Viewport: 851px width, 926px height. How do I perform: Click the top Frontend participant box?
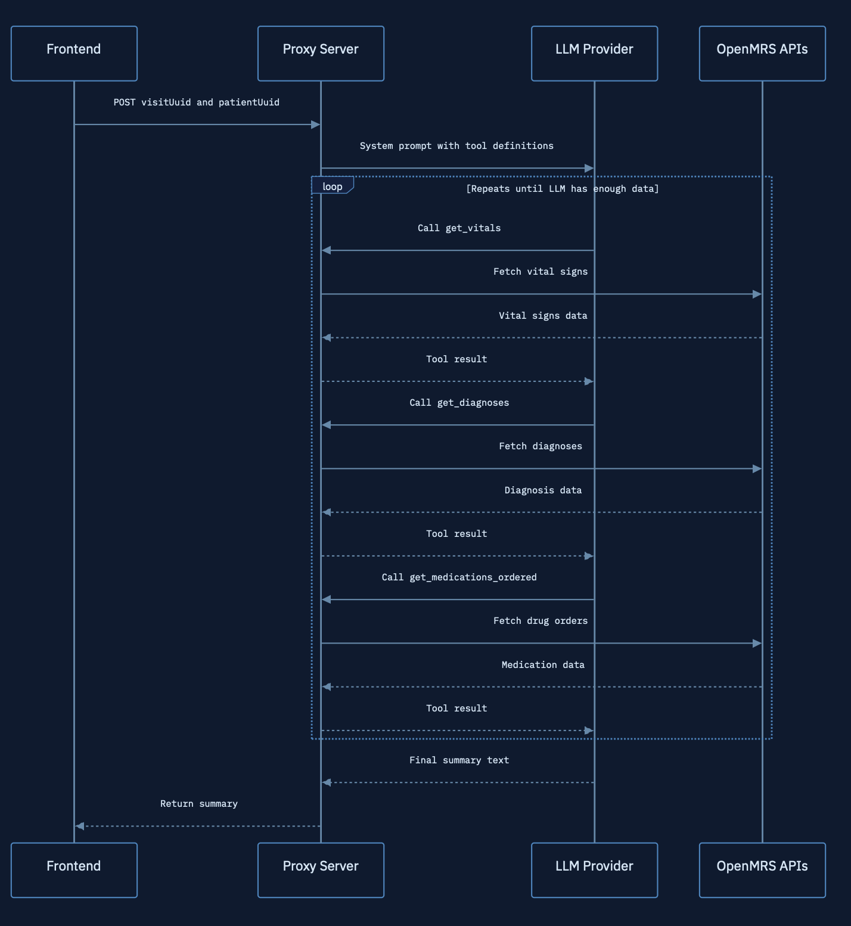pyautogui.click(x=74, y=53)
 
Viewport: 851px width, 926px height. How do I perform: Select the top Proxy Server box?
pyautogui.click(x=321, y=53)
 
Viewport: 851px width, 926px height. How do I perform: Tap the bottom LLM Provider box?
pyautogui.click(x=594, y=869)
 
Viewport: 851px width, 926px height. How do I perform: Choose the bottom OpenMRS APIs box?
pyautogui.click(x=762, y=869)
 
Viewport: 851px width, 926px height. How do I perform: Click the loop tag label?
pyautogui.click(x=333, y=187)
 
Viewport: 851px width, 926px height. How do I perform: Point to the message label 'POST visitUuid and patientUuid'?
pyautogui.click(x=197, y=102)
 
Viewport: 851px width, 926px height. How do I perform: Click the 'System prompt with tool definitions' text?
pyautogui.click(x=456, y=146)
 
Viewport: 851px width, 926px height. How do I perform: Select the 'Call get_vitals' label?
pyautogui.click(x=459, y=228)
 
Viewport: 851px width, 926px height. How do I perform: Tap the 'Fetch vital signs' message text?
pyautogui.click(x=541, y=272)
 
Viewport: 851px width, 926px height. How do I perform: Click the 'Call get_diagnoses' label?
pyautogui.click(x=459, y=403)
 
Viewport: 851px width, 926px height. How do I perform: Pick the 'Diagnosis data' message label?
pyautogui.click(x=543, y=490)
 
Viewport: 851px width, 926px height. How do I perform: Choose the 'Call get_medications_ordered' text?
pyautogui.click(x=459, y=577)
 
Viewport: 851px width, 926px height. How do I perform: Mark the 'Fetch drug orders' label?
pyautogui.click(x=541, y=621)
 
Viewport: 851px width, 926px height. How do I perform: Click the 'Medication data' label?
pyautogui.click(x=543, y=665)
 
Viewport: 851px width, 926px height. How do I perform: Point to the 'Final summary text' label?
pyautogui.click(x=459, y=760)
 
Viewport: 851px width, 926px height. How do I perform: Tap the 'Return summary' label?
pyautogui.click(x=199, y=804)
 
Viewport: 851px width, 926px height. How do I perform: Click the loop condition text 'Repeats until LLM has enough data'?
pyautogui.click(x=563, y=189)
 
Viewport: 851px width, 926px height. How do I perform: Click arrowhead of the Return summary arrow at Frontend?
pyautogui.click(x=80, y=826)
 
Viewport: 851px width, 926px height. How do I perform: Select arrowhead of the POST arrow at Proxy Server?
pyautogui.click(x=316, y=125)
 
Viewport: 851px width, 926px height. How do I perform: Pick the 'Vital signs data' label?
pyautogui.click(x=543, y=316)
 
